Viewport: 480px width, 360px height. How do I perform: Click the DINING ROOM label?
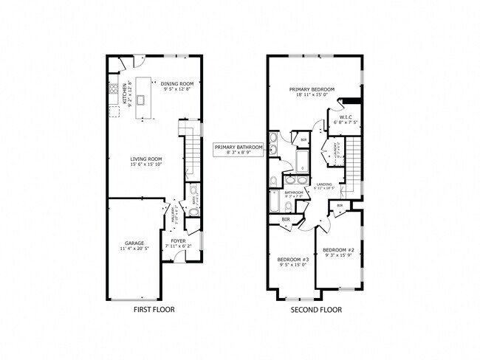177,84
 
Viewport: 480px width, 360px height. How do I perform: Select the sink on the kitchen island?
140,98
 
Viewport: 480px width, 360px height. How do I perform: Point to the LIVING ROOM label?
146,159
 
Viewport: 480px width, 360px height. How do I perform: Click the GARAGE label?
134,243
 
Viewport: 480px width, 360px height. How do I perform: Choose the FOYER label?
178,240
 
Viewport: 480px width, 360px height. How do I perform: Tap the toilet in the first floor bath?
193,212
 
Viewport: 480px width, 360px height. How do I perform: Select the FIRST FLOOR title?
154,310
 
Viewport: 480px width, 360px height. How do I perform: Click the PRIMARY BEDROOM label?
312,89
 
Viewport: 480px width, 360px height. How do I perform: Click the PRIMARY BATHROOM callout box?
239,150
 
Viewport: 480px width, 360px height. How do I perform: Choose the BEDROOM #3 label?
292,259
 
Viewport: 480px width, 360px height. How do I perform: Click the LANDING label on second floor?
324,184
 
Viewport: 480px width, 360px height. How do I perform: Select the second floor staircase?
356,160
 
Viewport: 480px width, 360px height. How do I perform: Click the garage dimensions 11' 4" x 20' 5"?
134,249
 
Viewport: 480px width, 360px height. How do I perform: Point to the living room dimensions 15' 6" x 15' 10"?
146,165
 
